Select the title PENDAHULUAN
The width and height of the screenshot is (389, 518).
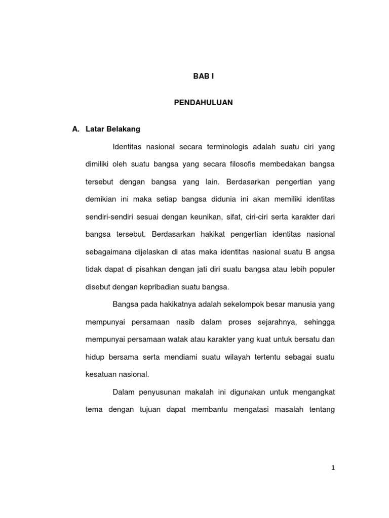click(203, 102)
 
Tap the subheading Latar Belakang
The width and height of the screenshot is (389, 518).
click(113, 129)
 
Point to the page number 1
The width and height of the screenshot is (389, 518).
click(333, 468)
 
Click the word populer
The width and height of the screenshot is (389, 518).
click(320, 270)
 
